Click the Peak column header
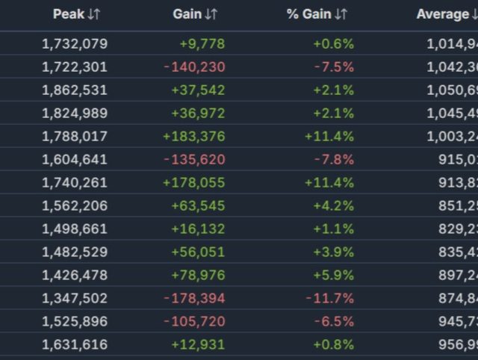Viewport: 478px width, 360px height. coord(68,14)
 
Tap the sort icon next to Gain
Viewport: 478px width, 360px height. coord(211,14)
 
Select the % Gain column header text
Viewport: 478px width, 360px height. coord(308,14)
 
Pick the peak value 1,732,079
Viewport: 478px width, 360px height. coord(75,43)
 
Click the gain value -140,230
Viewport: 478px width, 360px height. coord(194,66)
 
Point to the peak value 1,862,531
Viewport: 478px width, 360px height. coord(75,90)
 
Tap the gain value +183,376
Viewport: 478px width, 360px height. coord(193,136)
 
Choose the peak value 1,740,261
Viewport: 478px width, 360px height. coord(75,182)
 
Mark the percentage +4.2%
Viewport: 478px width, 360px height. coord(334,205)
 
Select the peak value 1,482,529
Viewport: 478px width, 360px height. coord(75,252)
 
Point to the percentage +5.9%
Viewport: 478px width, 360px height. coord(334,275)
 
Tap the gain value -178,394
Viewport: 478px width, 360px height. coord(194,298)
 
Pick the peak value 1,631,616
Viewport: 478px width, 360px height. coord(75,344)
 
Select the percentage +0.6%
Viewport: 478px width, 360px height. coord(334,43)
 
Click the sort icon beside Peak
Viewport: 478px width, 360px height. coord(93,14)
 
